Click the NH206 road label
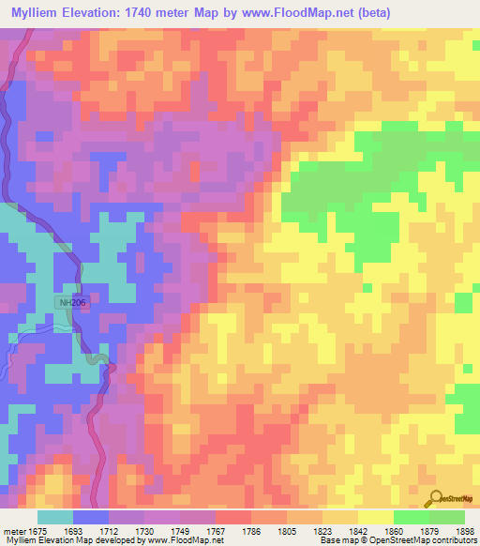click(72, 303)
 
